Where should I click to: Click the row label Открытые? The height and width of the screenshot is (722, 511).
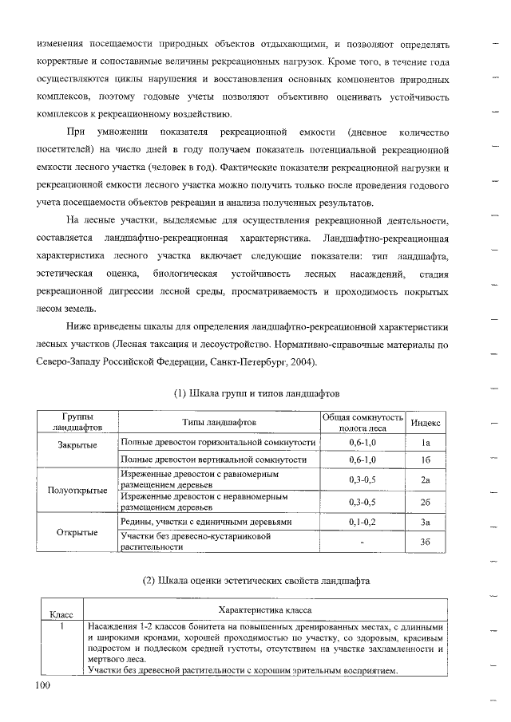[77, 532]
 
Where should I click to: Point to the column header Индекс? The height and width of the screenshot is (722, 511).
[427, 422]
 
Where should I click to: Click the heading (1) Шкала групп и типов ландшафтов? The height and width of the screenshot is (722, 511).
[256, 394]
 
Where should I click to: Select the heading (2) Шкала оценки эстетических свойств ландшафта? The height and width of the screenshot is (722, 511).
[256, 580]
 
